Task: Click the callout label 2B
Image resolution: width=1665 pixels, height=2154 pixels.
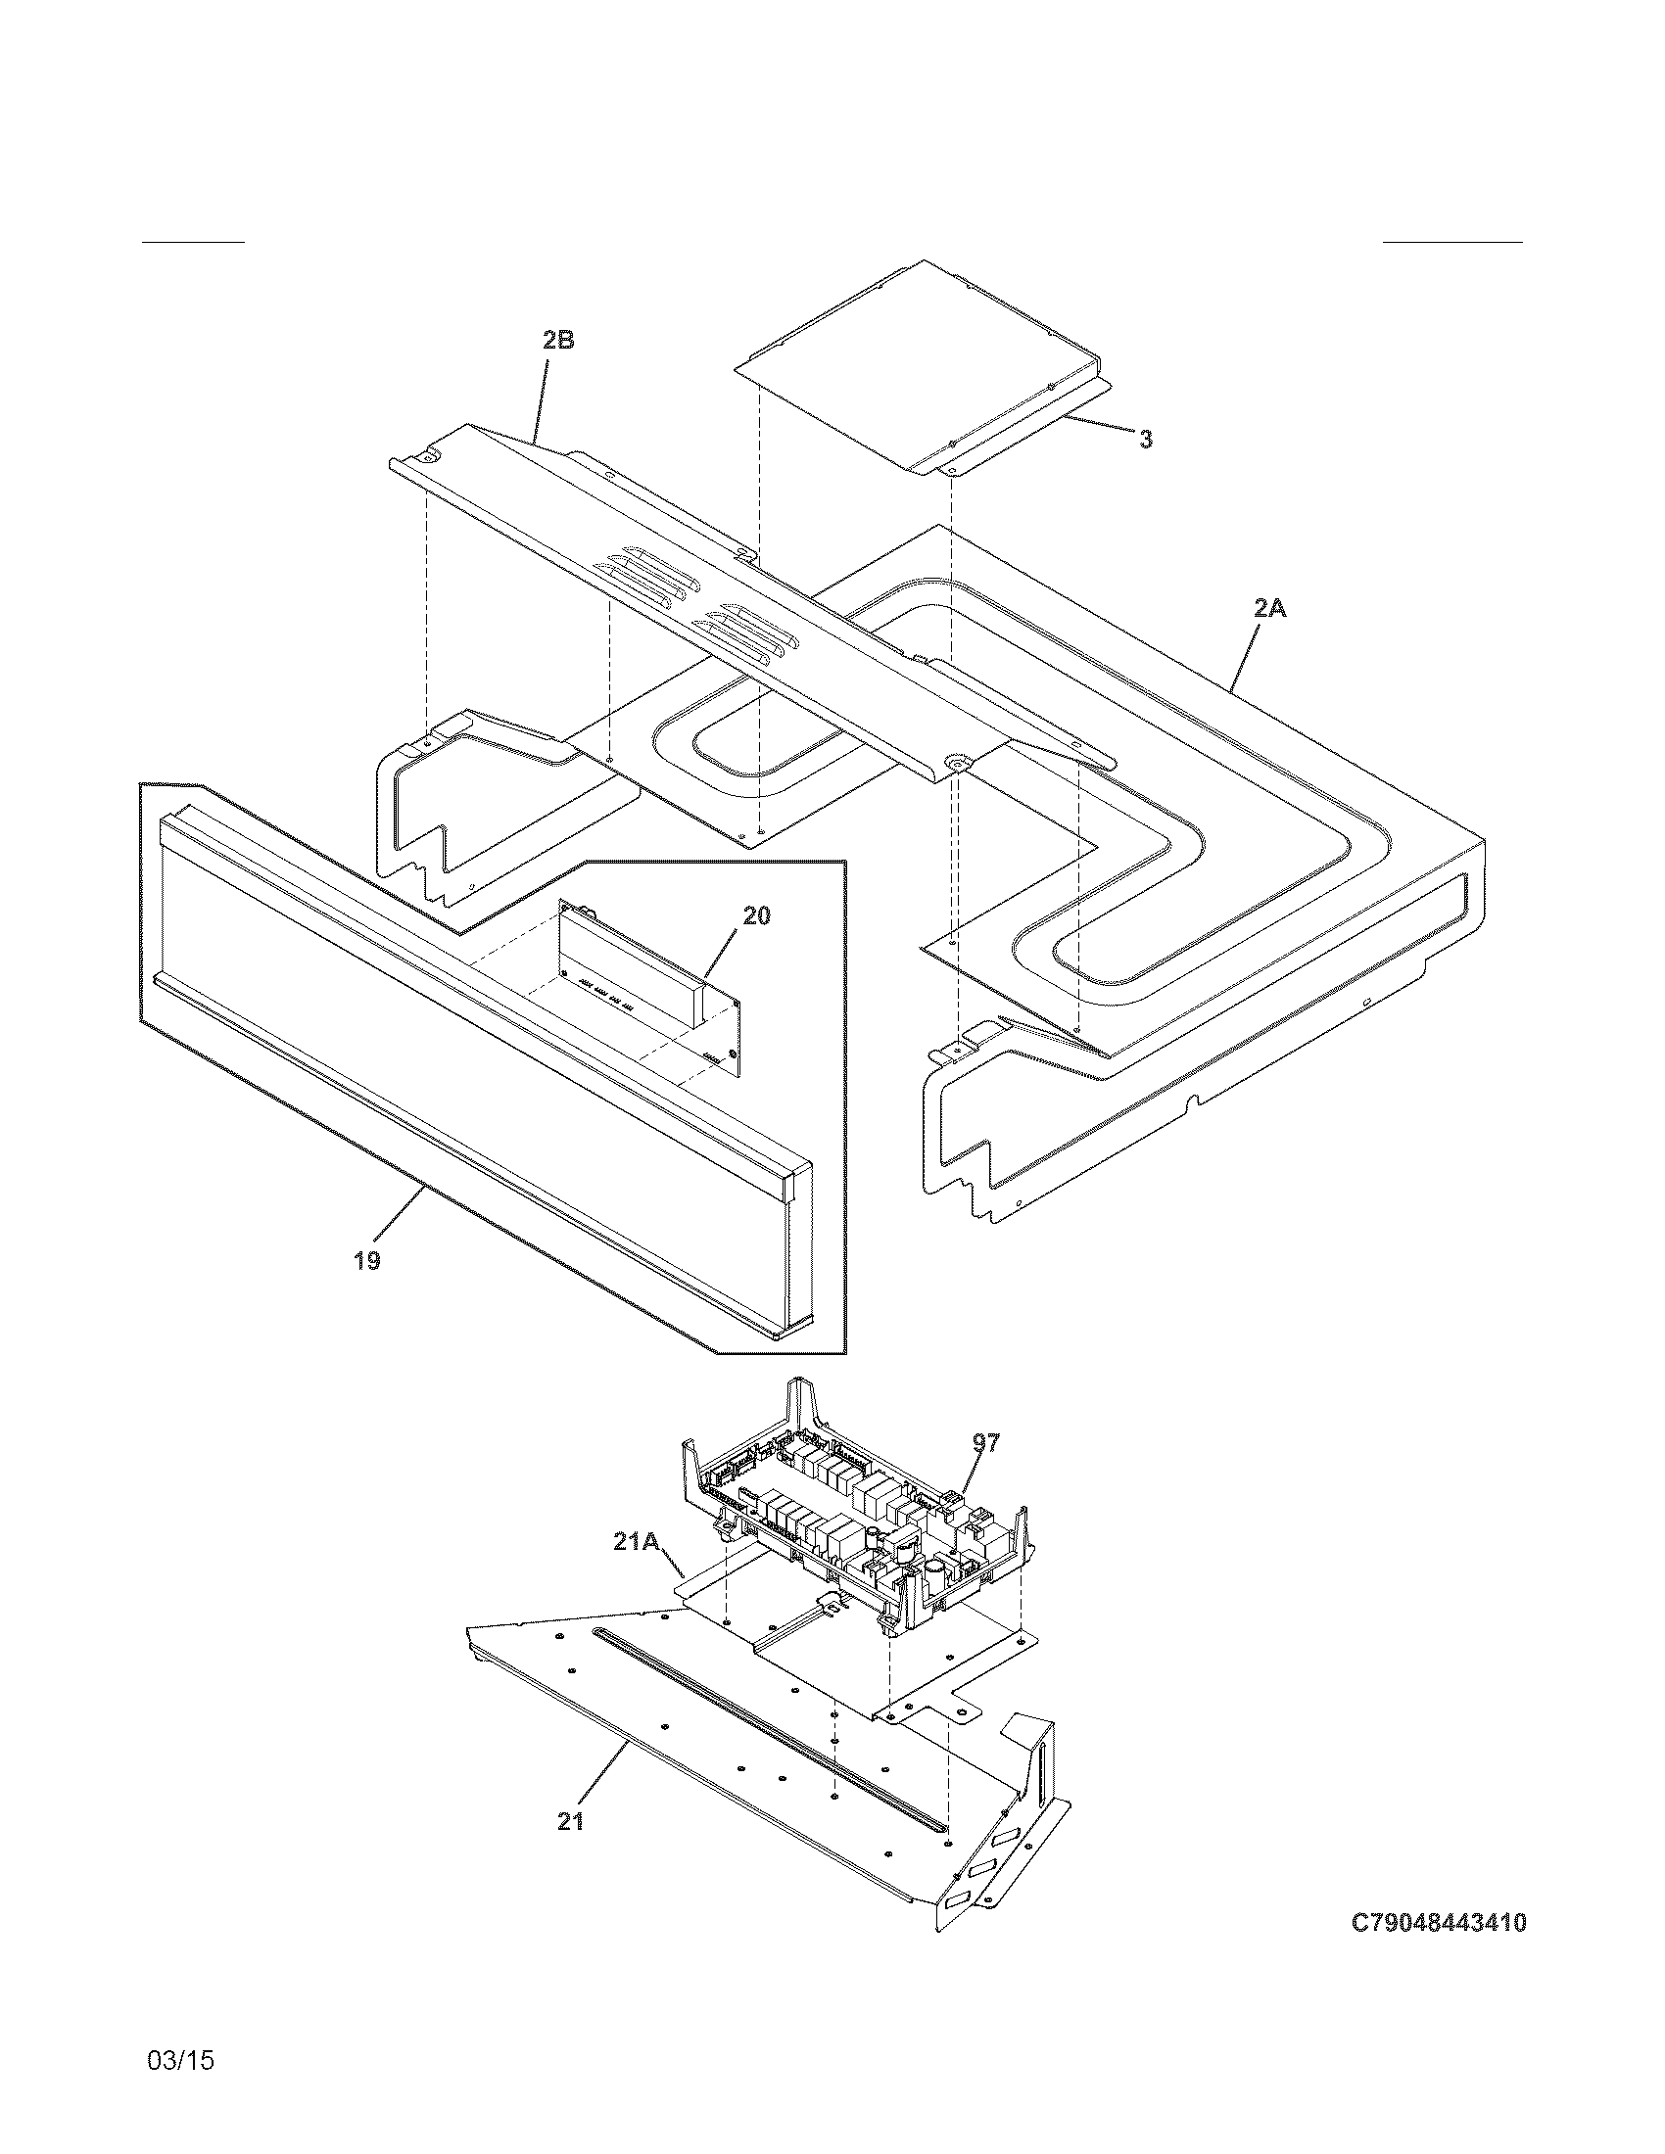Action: (x=557, y=342)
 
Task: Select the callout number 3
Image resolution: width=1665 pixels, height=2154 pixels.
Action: (x=1145, y=440)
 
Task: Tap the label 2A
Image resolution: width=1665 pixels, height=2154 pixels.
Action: (x=1270, y=610)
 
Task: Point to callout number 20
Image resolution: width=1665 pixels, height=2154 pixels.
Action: (x=756, y=916)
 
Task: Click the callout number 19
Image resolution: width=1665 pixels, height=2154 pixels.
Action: (x=367, y=1260)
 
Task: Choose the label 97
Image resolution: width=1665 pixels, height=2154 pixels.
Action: (x=986, y=1444)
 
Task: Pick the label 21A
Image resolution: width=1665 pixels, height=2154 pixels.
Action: (x=637, y=1541)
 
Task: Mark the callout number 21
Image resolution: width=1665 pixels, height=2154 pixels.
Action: (x=571, y=1823)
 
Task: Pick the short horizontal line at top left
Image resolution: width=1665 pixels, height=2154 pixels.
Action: (x=193, y=241)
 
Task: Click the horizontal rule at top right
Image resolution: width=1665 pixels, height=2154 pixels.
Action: (x=1451, y=241)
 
